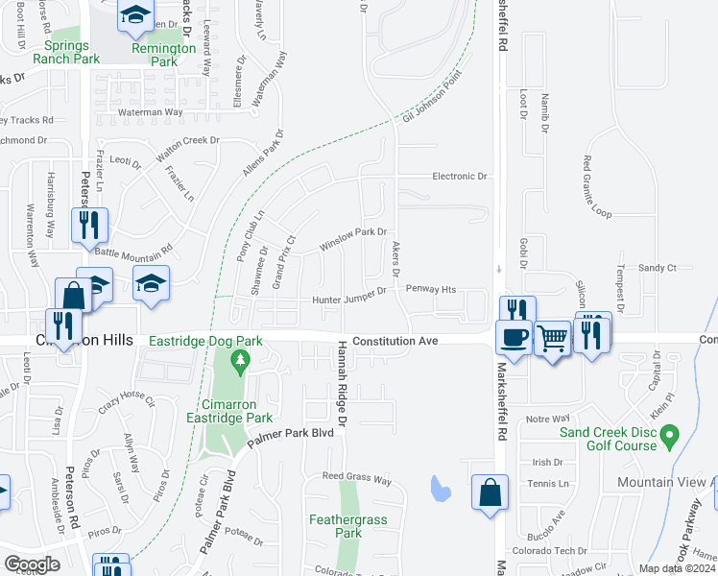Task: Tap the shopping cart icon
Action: (552, 337)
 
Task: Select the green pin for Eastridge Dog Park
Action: (240, 362)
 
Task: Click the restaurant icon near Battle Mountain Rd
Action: (89, 225)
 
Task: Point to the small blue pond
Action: (440, 488)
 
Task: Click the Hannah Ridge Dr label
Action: (341, 379)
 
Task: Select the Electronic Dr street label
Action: (460, 177)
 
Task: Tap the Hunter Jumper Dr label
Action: (348, 300)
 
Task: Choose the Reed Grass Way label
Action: (356, 477)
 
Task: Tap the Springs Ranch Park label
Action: (66, 52)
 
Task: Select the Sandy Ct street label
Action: (657, 268)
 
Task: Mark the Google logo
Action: (32, 564)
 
